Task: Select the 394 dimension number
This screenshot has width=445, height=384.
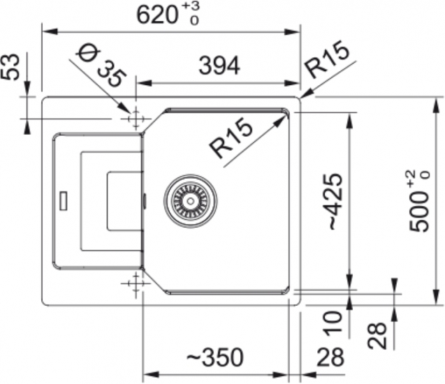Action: [x=219, y=66]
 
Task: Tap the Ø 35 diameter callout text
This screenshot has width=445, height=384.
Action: [x=101, y=65]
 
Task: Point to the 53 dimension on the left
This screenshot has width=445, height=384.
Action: [x=10, y=67]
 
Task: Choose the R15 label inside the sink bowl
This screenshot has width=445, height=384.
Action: [x=231, y=138]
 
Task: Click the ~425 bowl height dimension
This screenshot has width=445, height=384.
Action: [x=335, y=201]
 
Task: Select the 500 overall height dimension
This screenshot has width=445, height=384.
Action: [x=419, y=200]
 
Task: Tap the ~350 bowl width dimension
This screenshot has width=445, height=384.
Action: [x=215, y=357]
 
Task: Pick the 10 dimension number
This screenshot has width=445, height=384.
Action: [x=334, y=323]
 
